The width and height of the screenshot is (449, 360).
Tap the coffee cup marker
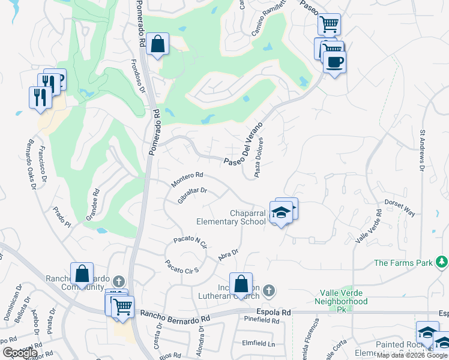pos(334,61)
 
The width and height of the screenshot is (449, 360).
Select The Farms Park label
pos(403,263)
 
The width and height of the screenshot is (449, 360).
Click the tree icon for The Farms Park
pos(442,262)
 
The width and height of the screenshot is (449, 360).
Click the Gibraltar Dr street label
pos(193,196)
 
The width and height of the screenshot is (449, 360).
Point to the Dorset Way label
pos(400,208)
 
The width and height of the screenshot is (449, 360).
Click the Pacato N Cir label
pos(190,242)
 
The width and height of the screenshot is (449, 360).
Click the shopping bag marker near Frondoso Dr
pos(157,44)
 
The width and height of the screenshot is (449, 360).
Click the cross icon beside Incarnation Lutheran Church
pos(269,291)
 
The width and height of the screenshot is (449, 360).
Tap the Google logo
pos(20,353)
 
